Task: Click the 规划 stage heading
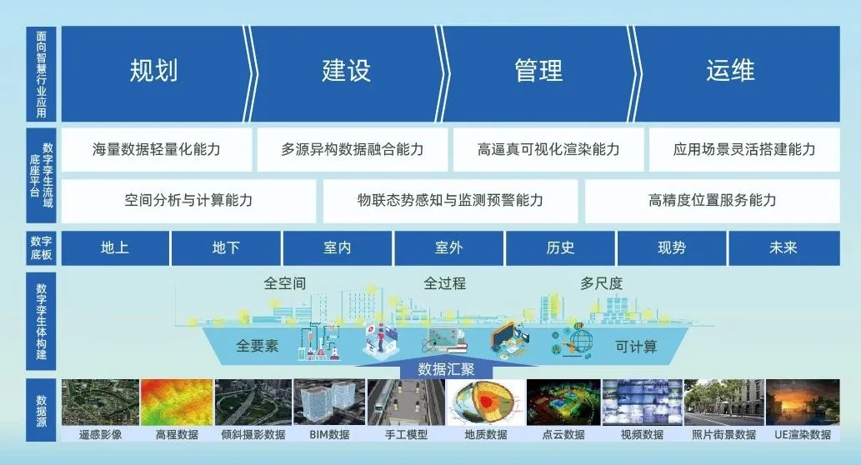pos(153,71)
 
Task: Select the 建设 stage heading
pos(347,71)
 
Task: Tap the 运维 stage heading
pos(731,71)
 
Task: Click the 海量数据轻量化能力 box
pos(157,149)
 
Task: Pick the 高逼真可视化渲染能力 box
pos(548,149)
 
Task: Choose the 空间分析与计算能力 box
pos(188,200)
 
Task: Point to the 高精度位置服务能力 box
pos(713,200)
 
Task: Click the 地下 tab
pos(226,248)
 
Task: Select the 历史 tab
pos(561,248)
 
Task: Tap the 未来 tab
pos(783,248)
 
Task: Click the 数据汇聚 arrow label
pos(446,369)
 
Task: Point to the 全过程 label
pos(445,283)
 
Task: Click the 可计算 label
pos(636,347)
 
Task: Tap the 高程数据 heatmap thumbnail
pos(177,402)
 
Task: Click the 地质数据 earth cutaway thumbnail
pos(485,402)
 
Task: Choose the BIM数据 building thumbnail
pos(329,402)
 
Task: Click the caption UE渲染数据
pos(803,435)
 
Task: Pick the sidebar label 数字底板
pos(41,248)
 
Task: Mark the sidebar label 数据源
pos(41,411)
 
